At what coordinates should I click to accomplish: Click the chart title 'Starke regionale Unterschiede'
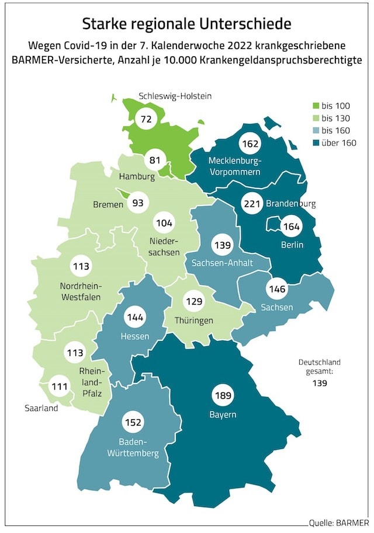point(186,23)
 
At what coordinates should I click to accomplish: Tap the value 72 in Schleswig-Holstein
point(144,119)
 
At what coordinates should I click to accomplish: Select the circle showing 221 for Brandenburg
point(252,204)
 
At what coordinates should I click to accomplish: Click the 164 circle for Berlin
point(290,227)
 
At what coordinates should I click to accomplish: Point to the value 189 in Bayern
point(223,395)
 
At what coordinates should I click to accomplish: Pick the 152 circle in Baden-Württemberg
point(133,422)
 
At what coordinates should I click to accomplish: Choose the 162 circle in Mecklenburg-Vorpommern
point(250,143)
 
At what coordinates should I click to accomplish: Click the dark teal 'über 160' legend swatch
point(316,143)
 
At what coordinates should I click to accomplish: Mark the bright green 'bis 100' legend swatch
point(316,106)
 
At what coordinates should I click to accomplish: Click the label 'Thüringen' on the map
point(194,321)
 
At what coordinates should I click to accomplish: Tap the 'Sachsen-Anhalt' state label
point(222,263)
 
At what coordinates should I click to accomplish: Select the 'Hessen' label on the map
point(134,336)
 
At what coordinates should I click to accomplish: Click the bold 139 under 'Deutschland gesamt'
point(319,384)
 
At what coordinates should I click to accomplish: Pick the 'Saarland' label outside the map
point(41,409)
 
